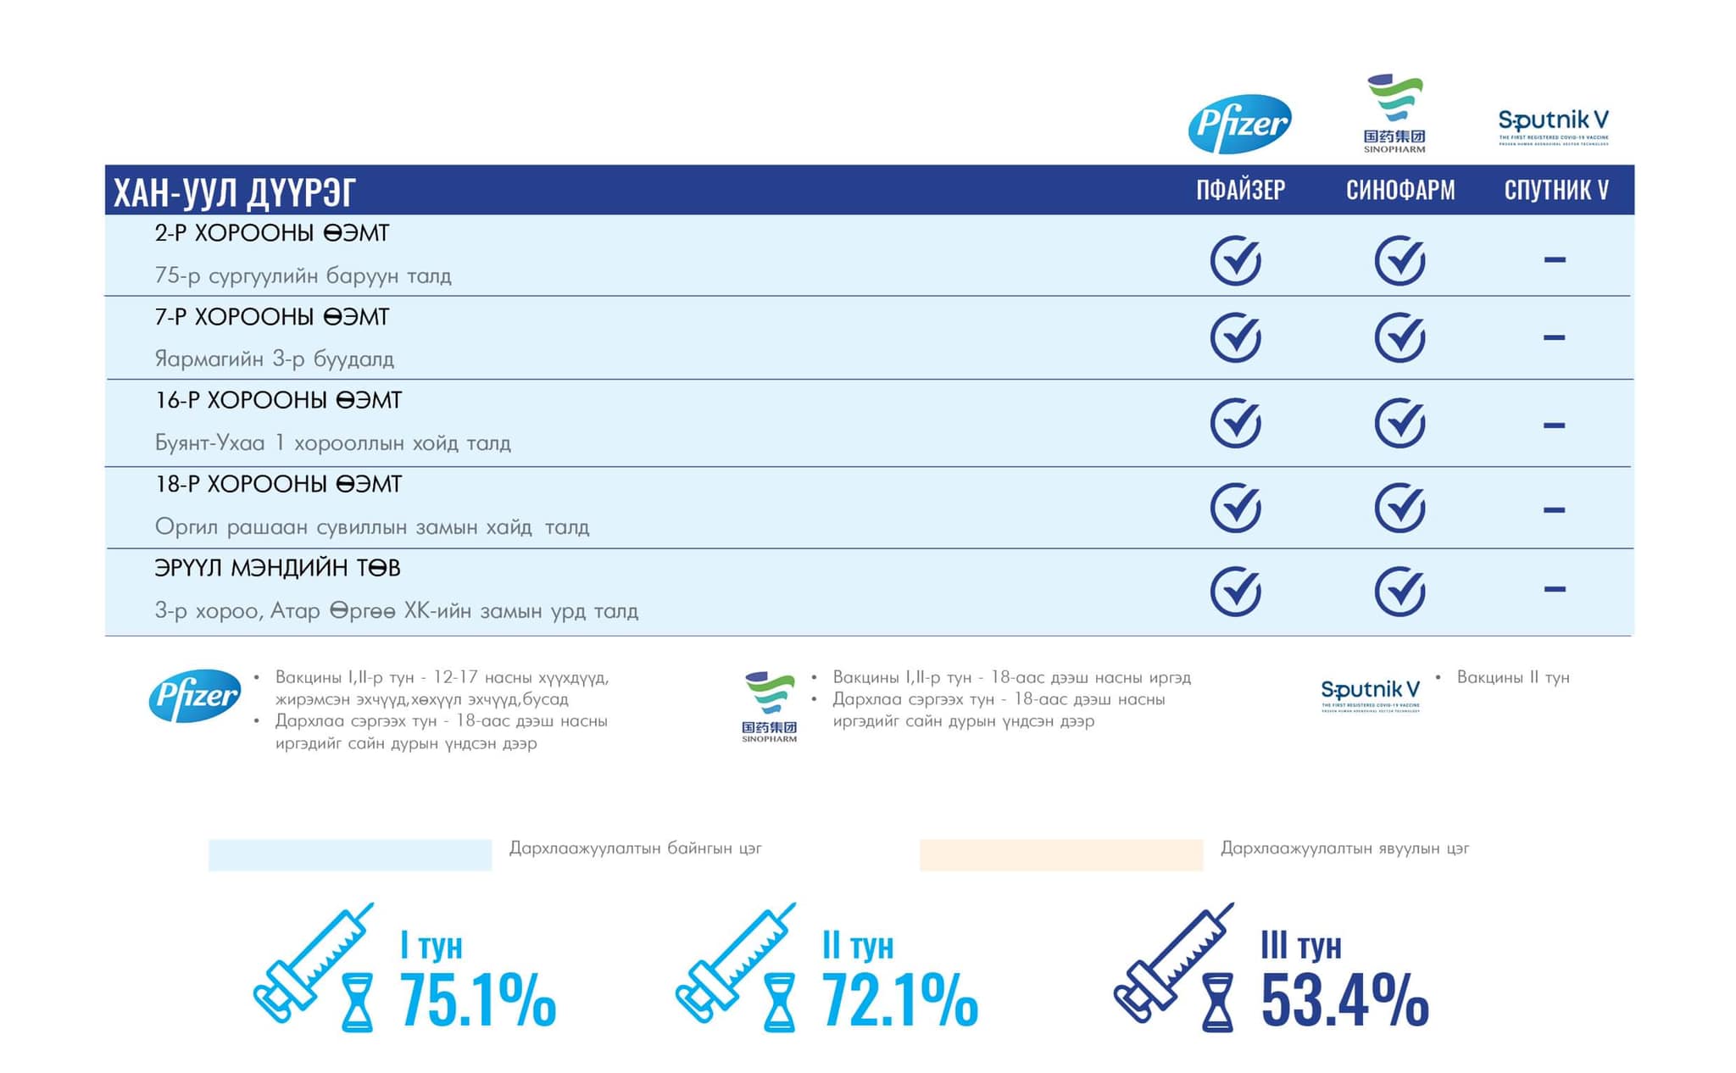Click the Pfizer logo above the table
pos(1239,124)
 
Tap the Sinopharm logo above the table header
pos(1394,113)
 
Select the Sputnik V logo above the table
pos(1553,126)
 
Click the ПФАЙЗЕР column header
pos(1240,190)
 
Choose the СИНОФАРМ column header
pos(1400,190)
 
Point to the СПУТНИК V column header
pos(1556,190)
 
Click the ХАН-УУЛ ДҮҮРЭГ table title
pos(235,192)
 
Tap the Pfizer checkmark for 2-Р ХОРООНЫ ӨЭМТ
pos(1236,259)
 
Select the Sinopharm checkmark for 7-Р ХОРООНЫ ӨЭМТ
pos(1399,337)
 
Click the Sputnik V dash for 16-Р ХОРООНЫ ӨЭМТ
pos(1554,425)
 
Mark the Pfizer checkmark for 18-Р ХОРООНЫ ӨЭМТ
pos(1236,508)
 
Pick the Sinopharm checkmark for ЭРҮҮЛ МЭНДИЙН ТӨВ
pos(1399,590)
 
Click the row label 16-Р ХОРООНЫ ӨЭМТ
pos(278,400)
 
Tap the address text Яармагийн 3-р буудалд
pos(274,359)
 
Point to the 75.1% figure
pos(477,1000)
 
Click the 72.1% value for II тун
pos(899,1000)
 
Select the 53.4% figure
pos(1344,1000)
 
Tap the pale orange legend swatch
pos(1060,854)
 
